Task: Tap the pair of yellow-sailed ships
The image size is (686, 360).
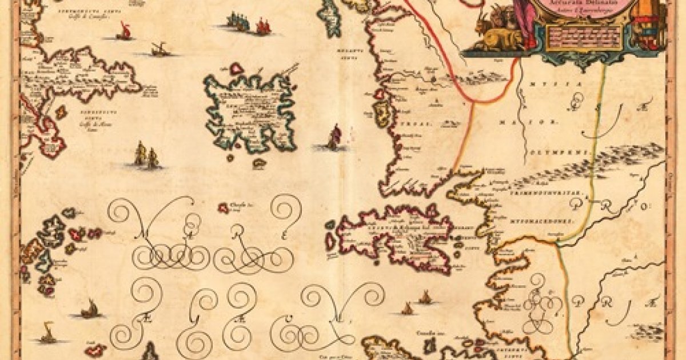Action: point(146,156)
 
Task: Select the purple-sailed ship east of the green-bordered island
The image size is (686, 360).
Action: point(334,137)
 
